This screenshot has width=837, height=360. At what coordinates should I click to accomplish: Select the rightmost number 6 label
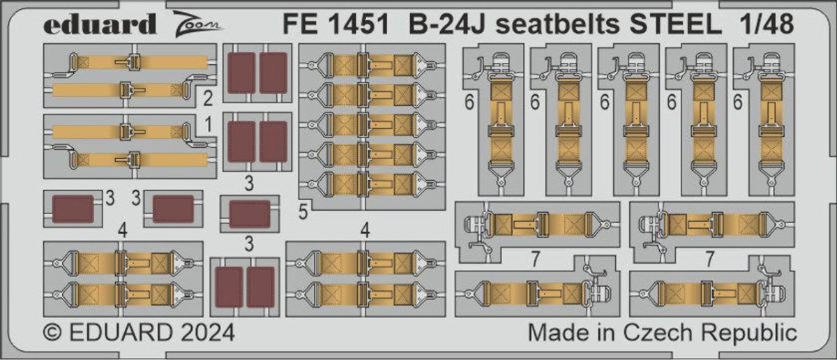(x=737, y=102)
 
